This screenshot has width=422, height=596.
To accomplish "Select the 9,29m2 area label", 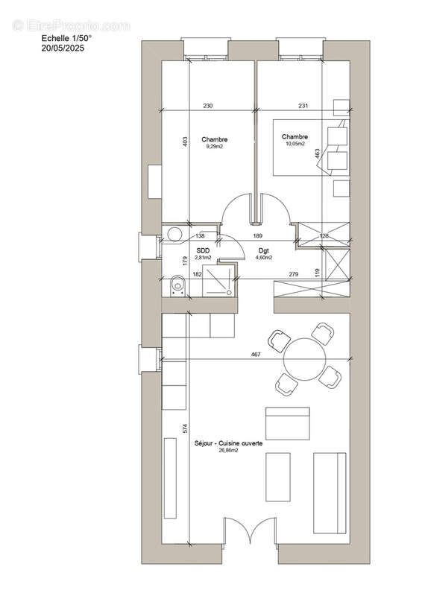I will tap(215, 148).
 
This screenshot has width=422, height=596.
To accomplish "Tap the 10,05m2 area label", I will tap(295, 145).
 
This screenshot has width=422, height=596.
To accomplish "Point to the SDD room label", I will tap(203, 251).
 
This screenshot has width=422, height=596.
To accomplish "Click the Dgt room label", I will tap(264, 251).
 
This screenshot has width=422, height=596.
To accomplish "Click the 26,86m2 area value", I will tap(230, 451).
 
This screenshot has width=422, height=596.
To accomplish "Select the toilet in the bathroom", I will tap(177, 285).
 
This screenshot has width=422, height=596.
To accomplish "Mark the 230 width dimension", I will tap(208, 107).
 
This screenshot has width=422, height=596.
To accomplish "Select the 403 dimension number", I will tap(184, 142).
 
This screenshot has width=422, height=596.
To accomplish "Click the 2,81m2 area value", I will tap(203, 258).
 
